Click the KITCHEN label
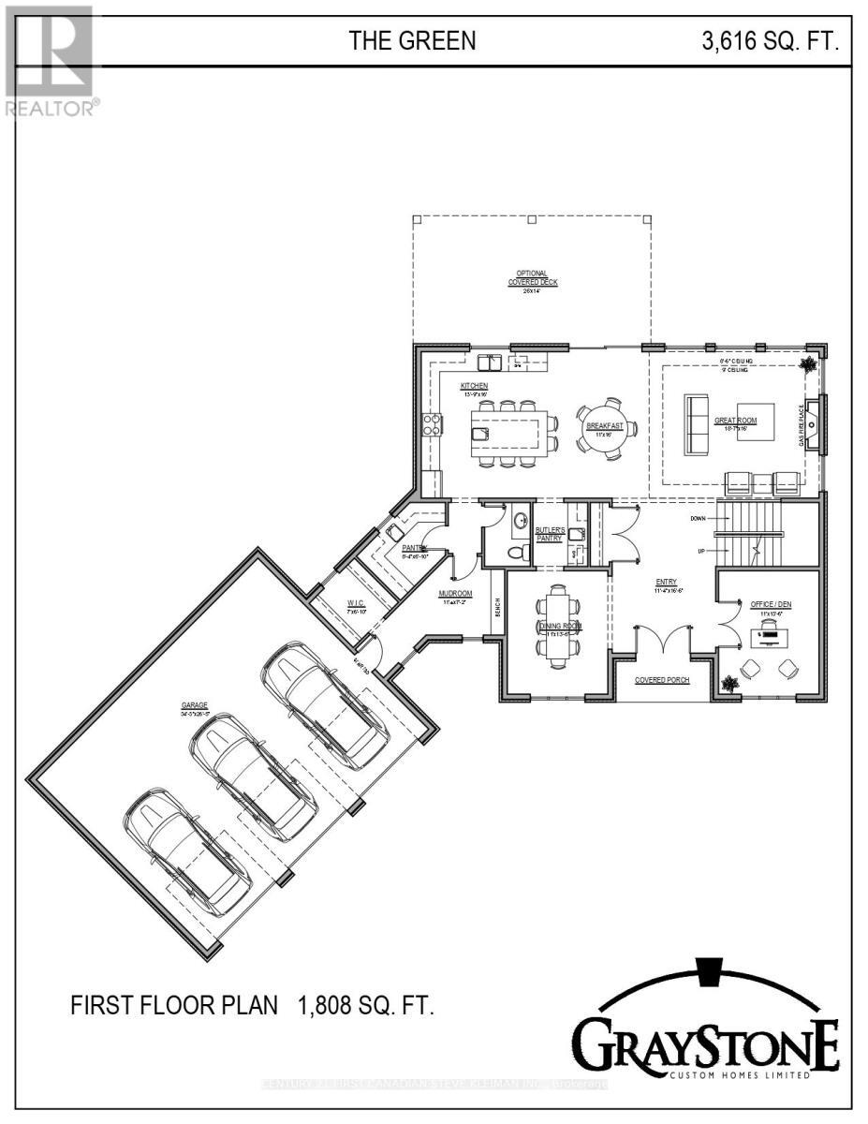[474, 386]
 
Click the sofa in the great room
[698, 425]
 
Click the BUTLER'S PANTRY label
[549, 535]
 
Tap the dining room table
[558, 627]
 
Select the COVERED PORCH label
[662, 680]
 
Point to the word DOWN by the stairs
[698, 518]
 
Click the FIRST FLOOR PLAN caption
[175, 1006]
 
